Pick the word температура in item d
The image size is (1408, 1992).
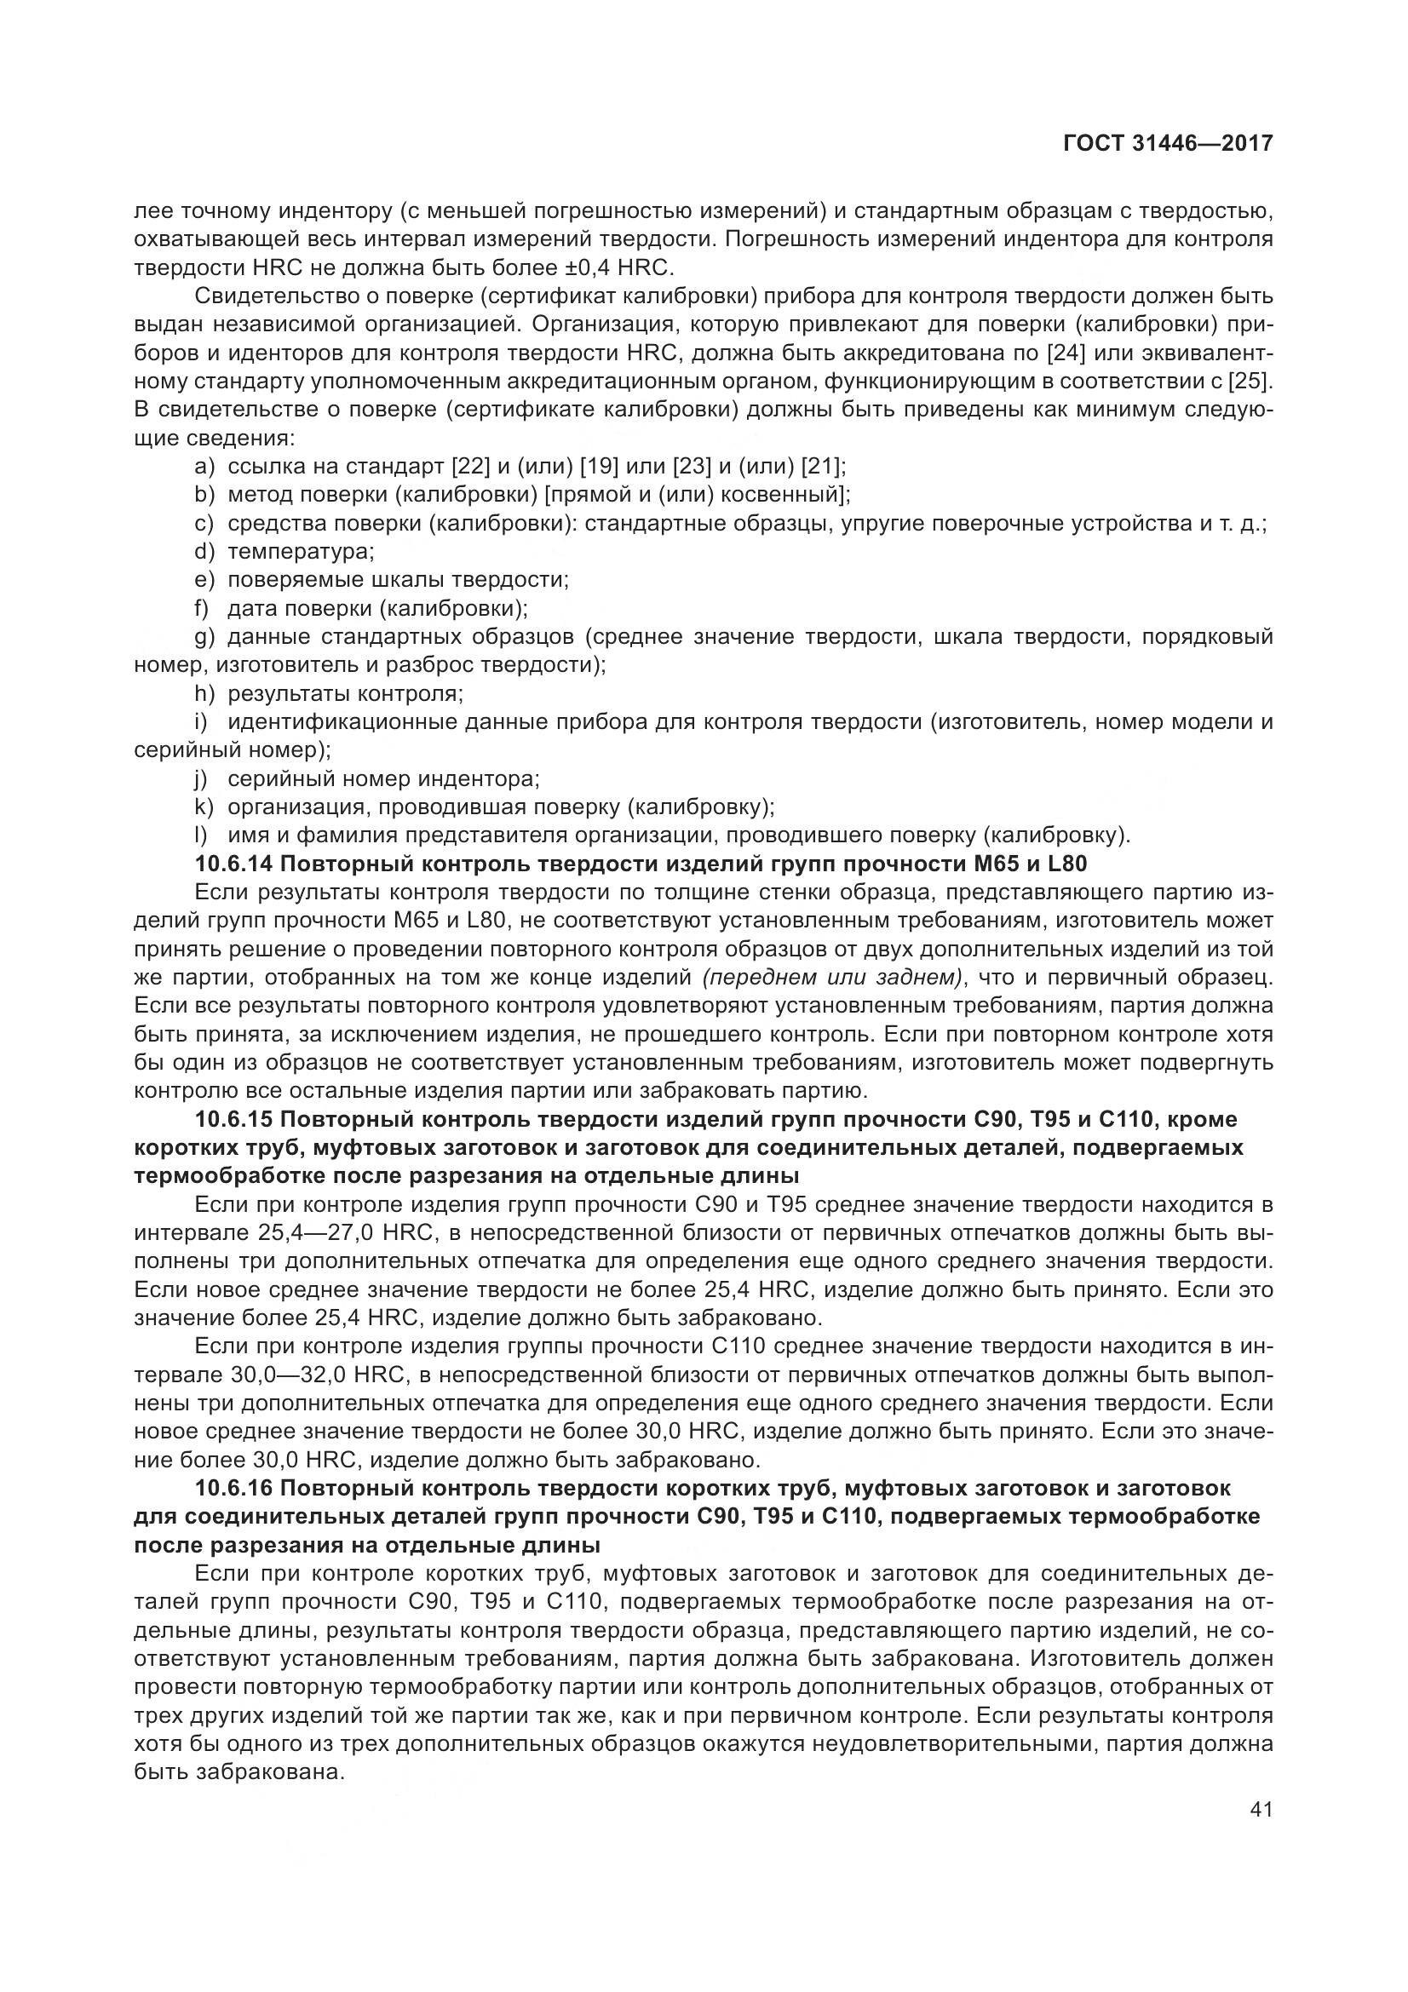point(300,551)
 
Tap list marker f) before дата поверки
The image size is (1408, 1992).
point(203,607)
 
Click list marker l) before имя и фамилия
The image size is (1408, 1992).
point(202,835)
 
